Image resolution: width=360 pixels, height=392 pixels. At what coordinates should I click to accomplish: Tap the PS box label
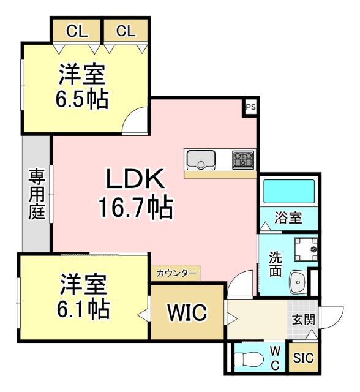click(x=250, y=107)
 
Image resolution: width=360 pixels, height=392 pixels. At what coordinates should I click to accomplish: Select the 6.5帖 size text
click(x=82, y=99)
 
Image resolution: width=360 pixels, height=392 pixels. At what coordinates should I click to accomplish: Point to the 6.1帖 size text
click(x=84, y=308)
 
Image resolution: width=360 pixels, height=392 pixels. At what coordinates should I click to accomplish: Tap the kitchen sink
click(x=200, y=160)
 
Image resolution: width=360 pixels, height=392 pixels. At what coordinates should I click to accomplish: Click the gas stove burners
click(x=242, y=160)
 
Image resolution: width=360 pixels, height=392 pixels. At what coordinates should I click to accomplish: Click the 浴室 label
click(x=288, y=217)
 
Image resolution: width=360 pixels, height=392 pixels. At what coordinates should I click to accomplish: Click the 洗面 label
click(x=276, y=263)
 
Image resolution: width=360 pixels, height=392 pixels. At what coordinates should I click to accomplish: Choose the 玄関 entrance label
click(x=303, y=320)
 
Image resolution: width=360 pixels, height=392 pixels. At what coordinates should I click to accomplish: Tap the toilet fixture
click(x=250, y=358)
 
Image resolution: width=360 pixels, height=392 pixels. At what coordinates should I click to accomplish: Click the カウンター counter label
click(x=176, y=273)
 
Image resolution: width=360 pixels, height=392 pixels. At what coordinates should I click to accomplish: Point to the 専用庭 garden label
click(x=37, y=195)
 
